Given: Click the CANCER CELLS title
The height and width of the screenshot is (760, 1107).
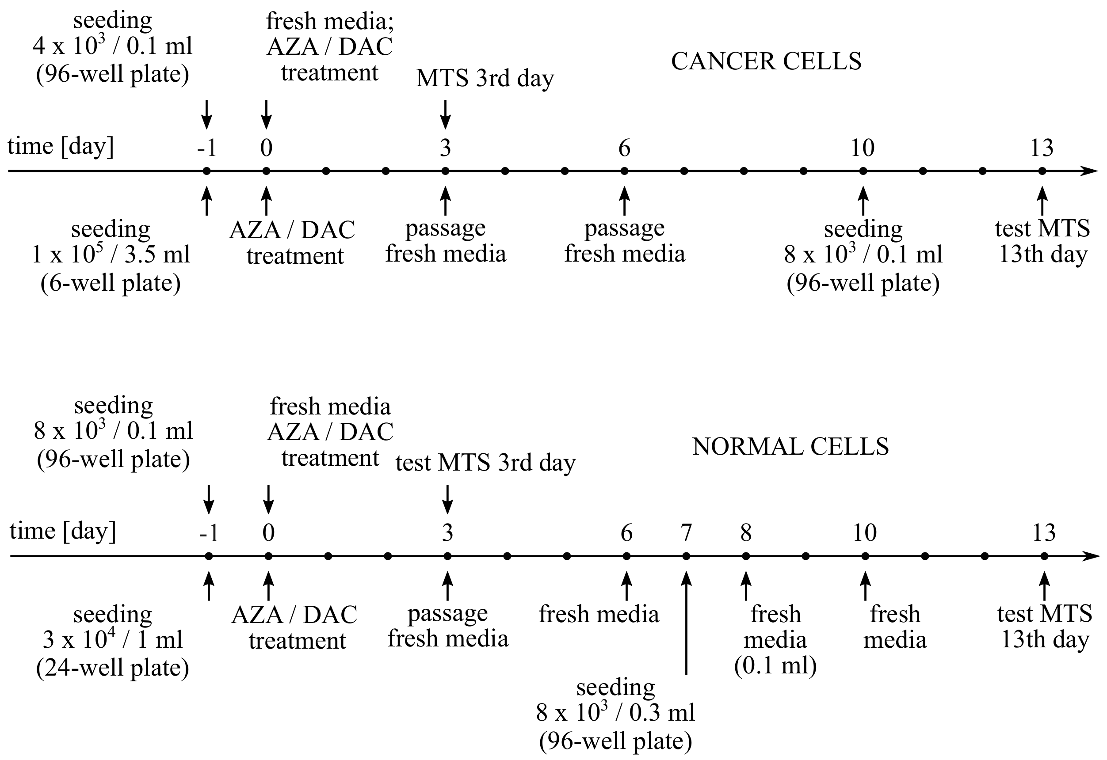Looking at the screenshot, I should coord(766,61).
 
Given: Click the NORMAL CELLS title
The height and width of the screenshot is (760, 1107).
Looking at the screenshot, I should coord(790,447).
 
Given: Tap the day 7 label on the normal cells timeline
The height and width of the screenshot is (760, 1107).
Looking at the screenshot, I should coord(686,533).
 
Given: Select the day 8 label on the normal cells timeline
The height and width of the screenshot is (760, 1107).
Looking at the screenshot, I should coord(746,533).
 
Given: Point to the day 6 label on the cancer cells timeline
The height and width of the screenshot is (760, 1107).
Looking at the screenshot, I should coord(624,148).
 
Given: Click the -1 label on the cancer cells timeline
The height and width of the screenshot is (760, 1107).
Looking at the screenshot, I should coord(207,148).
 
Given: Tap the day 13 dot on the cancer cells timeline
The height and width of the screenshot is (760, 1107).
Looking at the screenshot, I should coord(1042,171).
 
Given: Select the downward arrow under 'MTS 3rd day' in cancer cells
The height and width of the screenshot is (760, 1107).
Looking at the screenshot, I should coord(445,114).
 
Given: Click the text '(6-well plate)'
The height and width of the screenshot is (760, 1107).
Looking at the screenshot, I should coord(111,283).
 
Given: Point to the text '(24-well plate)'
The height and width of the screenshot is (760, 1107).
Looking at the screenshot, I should coord(112,668).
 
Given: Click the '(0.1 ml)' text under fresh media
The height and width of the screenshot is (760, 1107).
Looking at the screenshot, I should coord(775,665).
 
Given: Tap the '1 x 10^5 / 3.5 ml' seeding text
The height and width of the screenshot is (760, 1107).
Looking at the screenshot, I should coord(111,255).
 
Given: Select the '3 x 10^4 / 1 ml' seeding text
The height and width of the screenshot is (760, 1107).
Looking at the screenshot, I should coord(112,639).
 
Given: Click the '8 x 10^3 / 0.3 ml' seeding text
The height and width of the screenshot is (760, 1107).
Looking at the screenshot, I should coord(615,713).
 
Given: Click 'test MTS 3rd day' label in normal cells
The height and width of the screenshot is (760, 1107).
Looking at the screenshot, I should coord(485,462).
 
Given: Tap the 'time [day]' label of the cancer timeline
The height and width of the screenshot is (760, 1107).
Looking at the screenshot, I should coord(61,146).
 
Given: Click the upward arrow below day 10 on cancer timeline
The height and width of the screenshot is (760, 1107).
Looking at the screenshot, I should coord(863,201).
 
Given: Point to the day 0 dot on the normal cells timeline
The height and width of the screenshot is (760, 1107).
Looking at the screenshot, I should coord(268,556).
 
